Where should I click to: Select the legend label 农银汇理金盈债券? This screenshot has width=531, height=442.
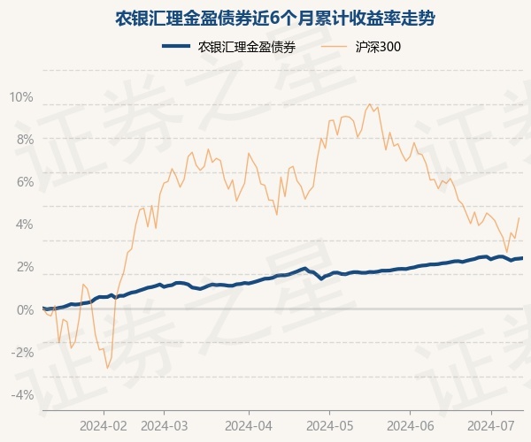pos(247,47)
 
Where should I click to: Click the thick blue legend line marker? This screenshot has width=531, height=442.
pos(177,47)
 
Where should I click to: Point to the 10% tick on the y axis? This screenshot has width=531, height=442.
pos(21,97)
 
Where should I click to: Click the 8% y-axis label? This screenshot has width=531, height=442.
pos(24,140)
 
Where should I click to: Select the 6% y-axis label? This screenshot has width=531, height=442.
pos(24,182)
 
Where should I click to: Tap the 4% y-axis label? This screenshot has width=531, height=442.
pos(24,225)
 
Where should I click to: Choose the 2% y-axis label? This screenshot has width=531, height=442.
pos(24,267)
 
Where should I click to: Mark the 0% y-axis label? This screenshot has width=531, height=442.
pos(24,309)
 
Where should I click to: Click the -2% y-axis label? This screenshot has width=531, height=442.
pos(22,352)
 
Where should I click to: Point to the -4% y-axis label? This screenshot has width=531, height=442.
pos(22,394)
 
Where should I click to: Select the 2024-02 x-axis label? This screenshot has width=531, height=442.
pos(104,424)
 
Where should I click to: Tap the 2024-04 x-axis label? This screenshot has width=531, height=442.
pos(248,424)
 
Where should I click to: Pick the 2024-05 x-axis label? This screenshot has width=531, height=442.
pos(329,424)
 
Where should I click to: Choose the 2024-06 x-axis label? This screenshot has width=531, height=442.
pos(411,424)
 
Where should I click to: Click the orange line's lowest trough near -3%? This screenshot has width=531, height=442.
pos(107,368)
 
